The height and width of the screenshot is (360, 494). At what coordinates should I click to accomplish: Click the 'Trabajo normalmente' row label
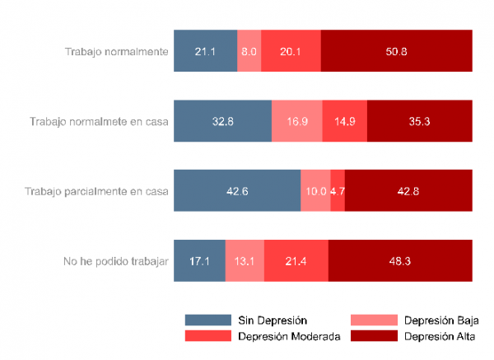[116, 51]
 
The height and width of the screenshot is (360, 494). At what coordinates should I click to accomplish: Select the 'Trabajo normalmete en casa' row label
[99, 121]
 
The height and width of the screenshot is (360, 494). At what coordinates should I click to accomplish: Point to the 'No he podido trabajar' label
[116, 261]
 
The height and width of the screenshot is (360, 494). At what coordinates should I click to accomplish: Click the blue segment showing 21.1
[205, 51]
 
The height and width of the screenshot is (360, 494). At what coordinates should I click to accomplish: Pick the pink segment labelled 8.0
[249, 51]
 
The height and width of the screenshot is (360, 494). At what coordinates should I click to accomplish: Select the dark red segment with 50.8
[396, 51]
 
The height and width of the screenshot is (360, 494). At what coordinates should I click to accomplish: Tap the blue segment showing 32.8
[222, 121]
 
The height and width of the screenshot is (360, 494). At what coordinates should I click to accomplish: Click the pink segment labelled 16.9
[297, 121]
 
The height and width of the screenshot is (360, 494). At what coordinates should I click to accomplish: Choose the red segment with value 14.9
[345, 121]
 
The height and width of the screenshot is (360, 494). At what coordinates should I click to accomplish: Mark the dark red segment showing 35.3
[420, 121]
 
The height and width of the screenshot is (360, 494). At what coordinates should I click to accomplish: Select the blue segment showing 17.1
[199, 261]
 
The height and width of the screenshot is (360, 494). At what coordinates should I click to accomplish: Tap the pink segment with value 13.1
[245, 261]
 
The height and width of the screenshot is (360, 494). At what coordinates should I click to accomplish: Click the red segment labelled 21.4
[296, 261]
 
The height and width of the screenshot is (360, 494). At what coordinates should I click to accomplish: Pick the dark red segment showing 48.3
[400, 261]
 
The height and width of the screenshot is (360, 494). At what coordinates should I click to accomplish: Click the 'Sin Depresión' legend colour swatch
[207, 320]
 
